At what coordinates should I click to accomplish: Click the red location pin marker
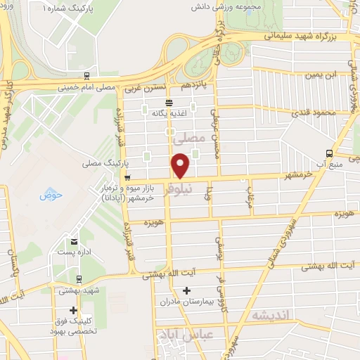(x=181, y=166)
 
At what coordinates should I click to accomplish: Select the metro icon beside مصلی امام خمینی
(x=86, y=75)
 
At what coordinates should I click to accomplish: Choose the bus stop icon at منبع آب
(x=330, y=153)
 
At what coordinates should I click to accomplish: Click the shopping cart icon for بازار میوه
(x=126, y=177)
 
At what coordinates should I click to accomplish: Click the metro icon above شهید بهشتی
(x=78, y=279)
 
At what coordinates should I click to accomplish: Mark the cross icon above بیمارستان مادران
(x=186, y=290)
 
